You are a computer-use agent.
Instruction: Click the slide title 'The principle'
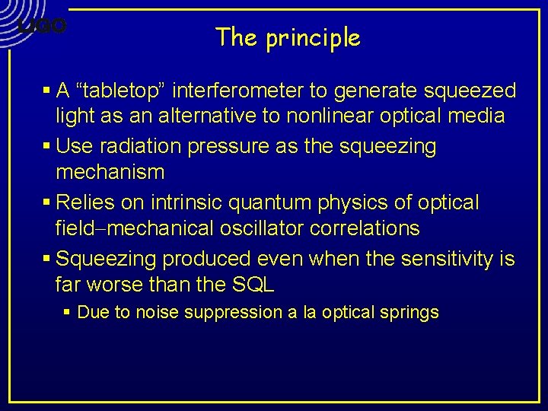288,37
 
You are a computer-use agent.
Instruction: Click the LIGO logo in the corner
43,26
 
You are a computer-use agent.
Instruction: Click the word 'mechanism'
110,172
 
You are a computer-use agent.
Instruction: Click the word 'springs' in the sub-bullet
414,312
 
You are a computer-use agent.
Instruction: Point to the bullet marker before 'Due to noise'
68,312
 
